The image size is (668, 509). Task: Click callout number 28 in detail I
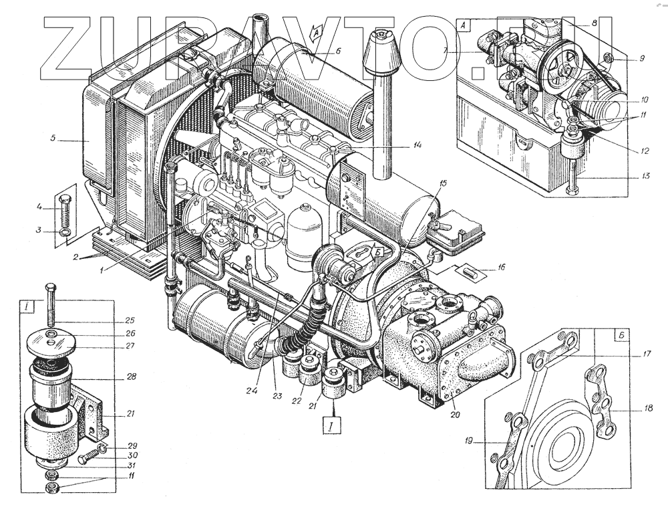click(131, 377)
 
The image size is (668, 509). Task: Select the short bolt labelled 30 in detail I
click(87, 460)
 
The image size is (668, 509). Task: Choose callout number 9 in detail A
click(640, 59)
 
